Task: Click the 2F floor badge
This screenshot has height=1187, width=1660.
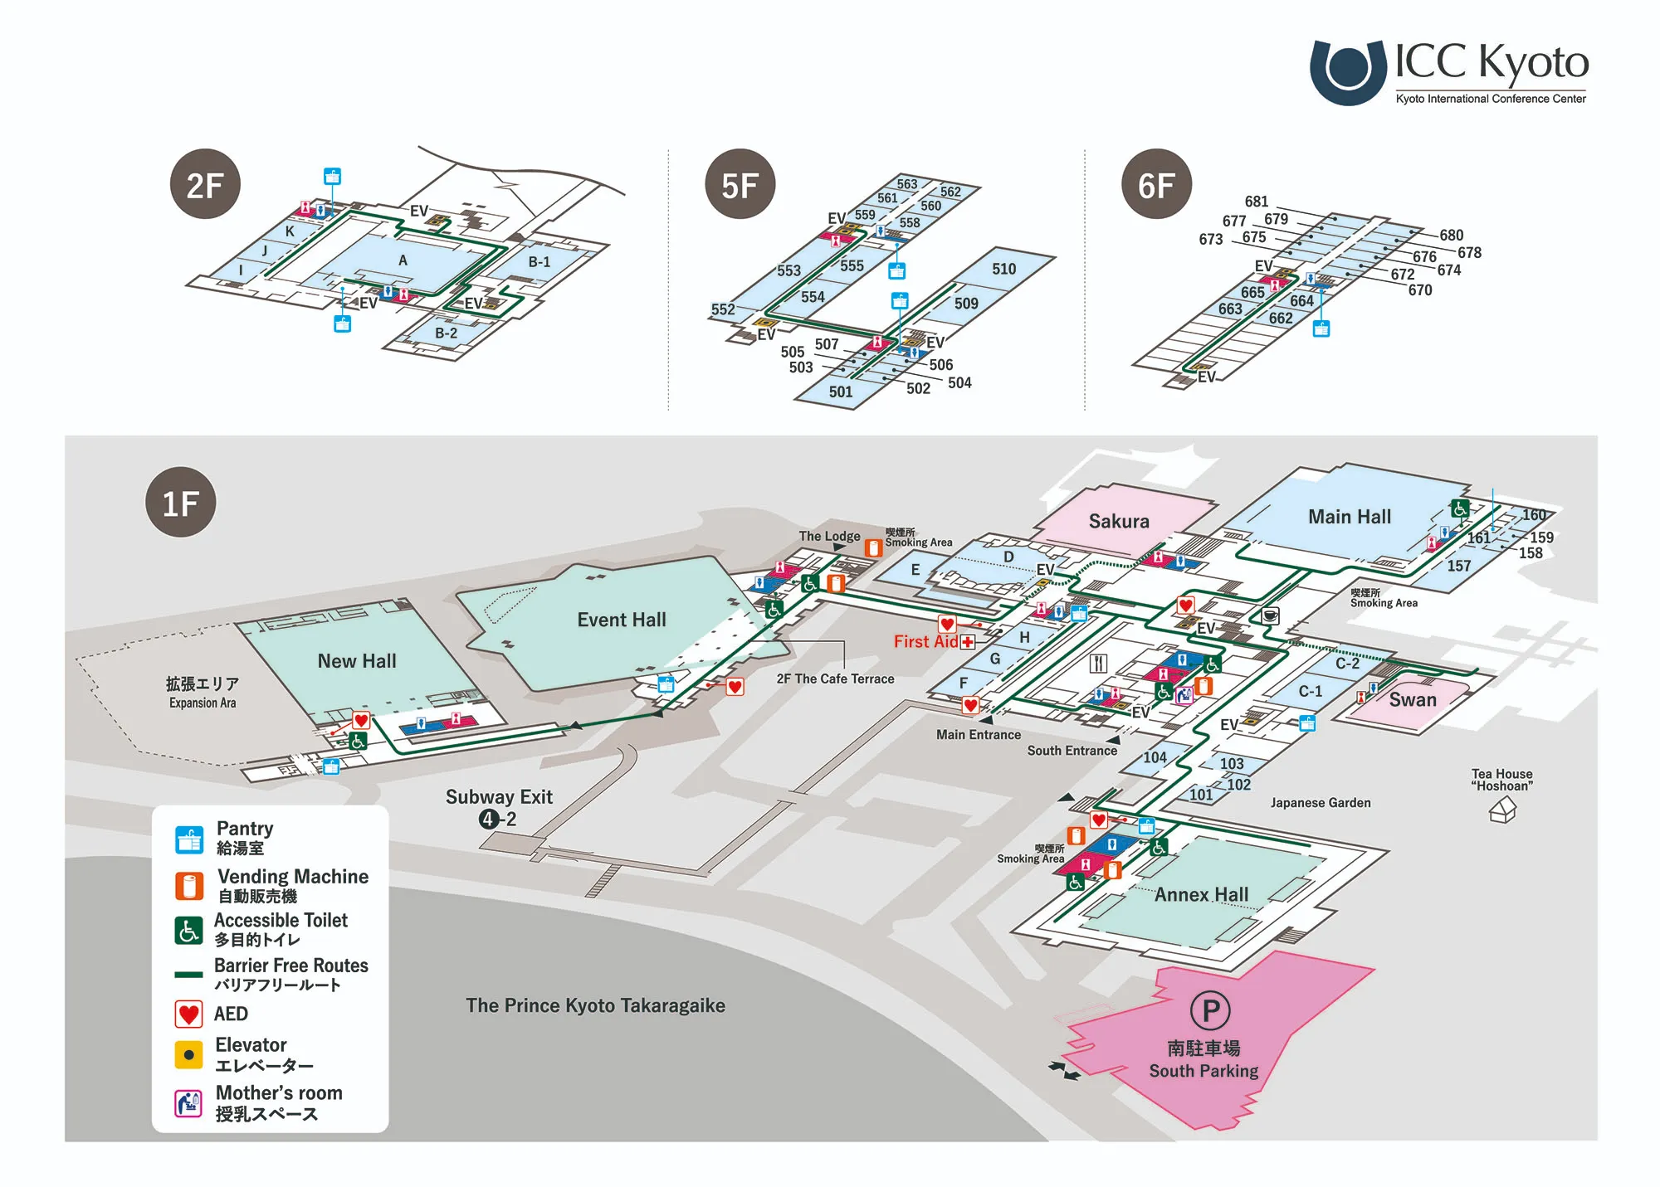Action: pyautogui.click(x=205, y=184)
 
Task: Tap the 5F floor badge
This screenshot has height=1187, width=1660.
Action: pyautogui.click(x=740, y=184)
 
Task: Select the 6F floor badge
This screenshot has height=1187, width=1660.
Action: pyautogui.click(x=1156, y=184)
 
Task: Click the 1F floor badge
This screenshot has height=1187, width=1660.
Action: pyautogui.click(x=180, y=503)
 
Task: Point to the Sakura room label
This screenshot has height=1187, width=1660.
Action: pyautogui.click(x=1119, y=521)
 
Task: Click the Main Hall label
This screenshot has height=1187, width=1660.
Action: pyautogui.click(x=1349, y=517)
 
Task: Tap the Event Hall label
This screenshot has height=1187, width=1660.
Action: pyautogui.click(x=622, y=620)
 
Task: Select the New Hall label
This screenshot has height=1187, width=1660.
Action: pyautogui.click(x=357, y=661)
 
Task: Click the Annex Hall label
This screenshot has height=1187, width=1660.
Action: pyautogui.click(x=1201, y=894)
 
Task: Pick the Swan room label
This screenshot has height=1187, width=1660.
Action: pyautogui.click(x=1412, y=699)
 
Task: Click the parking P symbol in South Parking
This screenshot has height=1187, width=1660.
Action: pyautogui.click(x=1210, y=1010)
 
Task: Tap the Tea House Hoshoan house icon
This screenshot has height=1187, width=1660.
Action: pyautogui.click(x=1503, y=809)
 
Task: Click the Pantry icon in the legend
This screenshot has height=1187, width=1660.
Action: pyautogui.click(x=189, y=839)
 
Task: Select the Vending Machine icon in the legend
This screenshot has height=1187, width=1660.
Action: pyautogui.click(x=189, y=886)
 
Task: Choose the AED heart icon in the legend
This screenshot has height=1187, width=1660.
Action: pyautogui.click(x=189, y=1014)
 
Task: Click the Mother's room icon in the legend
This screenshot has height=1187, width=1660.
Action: pyautogui.click(x=189, y=1103)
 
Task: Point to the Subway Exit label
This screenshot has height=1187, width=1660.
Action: pyautogui.click(x=499, y=797)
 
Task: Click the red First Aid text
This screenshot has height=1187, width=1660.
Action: pyautogui.click(x=925, y=641)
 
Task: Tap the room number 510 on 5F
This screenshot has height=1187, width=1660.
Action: pyautogui.click(x=1003, y=269)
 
